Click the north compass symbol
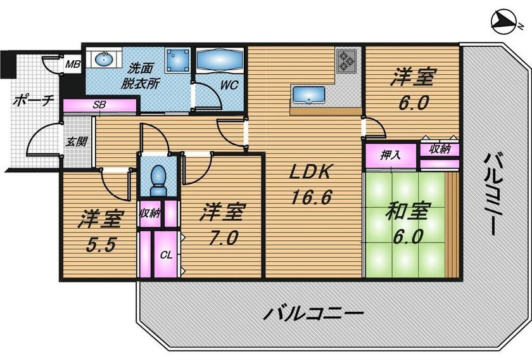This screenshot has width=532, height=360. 504,22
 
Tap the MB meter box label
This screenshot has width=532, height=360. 73,63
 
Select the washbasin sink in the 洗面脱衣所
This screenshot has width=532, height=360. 104,60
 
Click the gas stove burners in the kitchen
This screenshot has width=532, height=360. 346,61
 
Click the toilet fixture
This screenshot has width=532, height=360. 158,180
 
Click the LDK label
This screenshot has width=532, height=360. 310,172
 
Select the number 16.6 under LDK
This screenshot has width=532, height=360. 310,197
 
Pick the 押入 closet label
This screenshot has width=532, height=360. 390,155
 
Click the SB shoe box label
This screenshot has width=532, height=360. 99,105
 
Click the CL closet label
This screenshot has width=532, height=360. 166,255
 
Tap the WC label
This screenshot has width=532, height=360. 229,85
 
